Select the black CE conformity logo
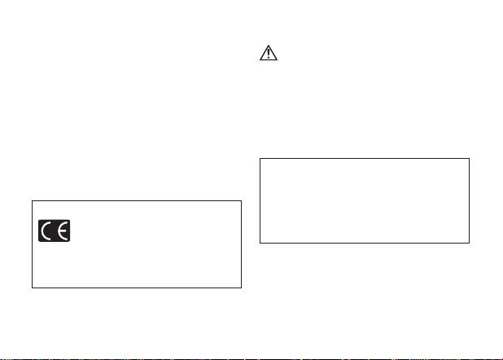[54, 231]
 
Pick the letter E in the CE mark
[62, 231]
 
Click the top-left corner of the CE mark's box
[32, 200]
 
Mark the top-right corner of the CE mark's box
[242, 200]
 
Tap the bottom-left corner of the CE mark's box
[32, 288]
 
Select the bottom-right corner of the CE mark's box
[242, 288]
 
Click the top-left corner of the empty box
[260, 159]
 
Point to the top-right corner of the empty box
[470, 159]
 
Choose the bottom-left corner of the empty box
[260, 243]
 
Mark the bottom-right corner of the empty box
[470, 243]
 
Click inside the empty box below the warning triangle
[365, 201]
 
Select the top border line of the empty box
[365, 159]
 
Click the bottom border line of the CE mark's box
[137, 288]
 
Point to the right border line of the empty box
[470, 201]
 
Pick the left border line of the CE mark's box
[32, 244]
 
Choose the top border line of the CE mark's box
[137, 200]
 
